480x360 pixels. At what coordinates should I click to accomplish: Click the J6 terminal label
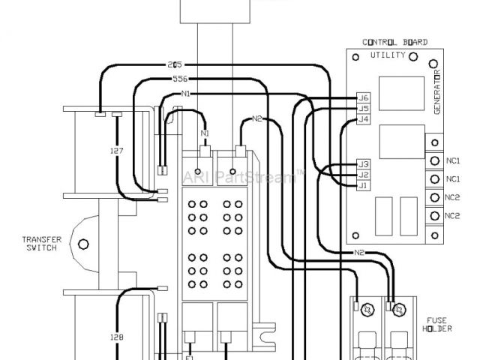364,98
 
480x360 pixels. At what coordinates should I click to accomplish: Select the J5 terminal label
364,109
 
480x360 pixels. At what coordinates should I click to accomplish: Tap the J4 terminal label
364,119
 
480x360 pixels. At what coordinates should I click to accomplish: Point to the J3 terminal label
364,163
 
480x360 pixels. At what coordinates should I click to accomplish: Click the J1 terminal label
364,185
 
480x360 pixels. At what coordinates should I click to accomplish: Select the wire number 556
180,78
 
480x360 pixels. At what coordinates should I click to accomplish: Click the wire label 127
116,151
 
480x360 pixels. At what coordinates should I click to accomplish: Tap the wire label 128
116,337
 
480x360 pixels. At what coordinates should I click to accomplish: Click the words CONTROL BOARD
395,43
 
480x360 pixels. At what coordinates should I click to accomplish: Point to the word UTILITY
388,55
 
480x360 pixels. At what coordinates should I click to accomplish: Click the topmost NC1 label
452,160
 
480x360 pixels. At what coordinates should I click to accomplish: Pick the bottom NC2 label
452,216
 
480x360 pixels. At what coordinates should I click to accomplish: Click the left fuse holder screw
367,309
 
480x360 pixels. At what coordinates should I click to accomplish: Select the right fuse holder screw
398,309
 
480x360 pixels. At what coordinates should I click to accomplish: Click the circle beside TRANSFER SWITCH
83,244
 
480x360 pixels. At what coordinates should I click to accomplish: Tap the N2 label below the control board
360,253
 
